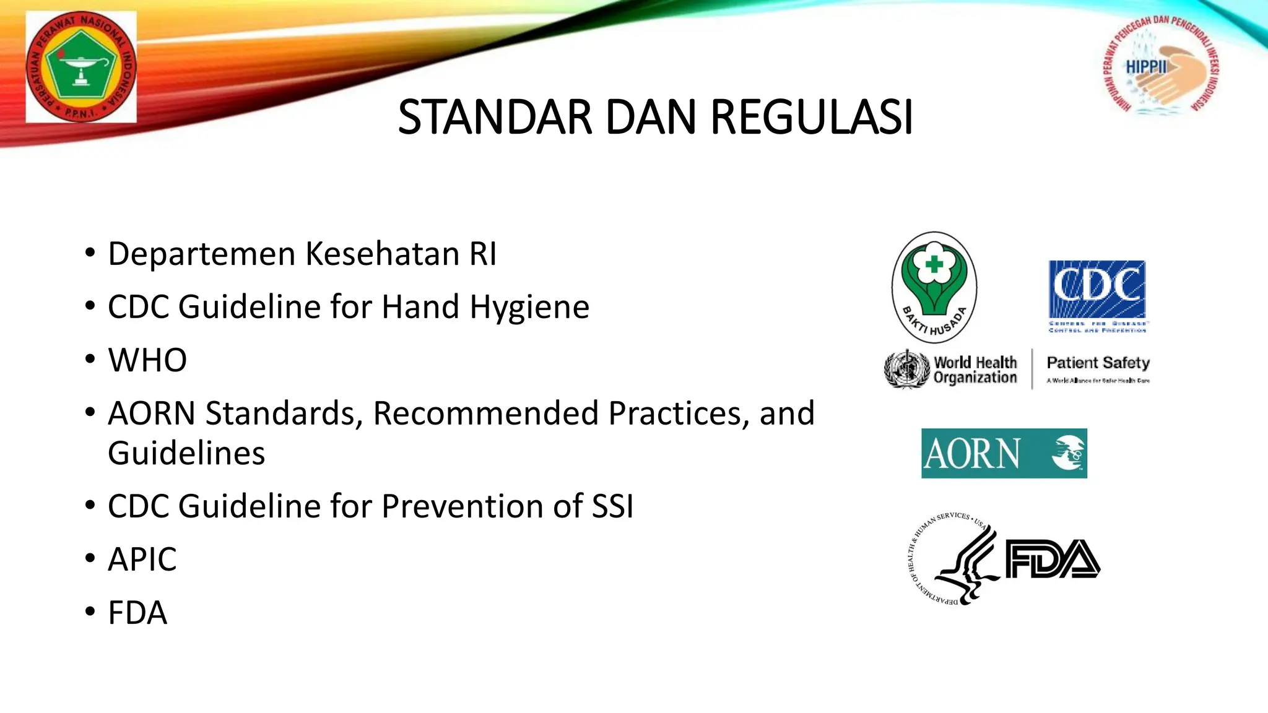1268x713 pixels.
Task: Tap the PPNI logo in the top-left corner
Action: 81,66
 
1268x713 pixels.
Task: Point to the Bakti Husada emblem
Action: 934,287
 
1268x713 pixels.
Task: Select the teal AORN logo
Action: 1004,453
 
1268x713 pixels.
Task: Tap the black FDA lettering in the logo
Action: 1052,560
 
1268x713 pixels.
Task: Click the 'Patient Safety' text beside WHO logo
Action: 1098,363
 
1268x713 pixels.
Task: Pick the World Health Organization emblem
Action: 907,369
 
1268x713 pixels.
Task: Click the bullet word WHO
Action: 147,360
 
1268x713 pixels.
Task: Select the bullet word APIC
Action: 142,560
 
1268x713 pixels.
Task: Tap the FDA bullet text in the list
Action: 137,613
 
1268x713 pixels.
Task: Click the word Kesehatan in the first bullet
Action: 382,254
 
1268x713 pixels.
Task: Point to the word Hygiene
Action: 529,307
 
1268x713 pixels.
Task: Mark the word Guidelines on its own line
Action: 186,453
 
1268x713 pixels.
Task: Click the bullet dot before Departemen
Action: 90,254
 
